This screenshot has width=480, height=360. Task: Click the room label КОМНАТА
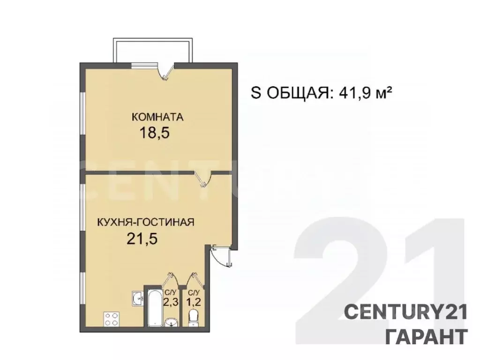pos(157,117)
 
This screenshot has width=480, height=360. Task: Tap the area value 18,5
pos(154,133)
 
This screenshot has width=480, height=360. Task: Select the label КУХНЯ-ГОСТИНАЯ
pos(146,222)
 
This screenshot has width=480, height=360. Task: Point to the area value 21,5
pos(142,239)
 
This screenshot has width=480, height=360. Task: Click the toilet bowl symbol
pos(193,318)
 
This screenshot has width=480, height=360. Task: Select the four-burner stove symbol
pos(112,319)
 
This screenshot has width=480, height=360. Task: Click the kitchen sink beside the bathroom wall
pos(137,298)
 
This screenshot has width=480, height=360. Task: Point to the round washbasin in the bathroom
pos(171,322)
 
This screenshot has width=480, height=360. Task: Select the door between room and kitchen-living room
pos(204,177)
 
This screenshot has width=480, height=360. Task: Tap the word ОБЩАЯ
pos(296,93)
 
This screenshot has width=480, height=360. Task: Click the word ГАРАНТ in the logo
pos(426,336)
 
